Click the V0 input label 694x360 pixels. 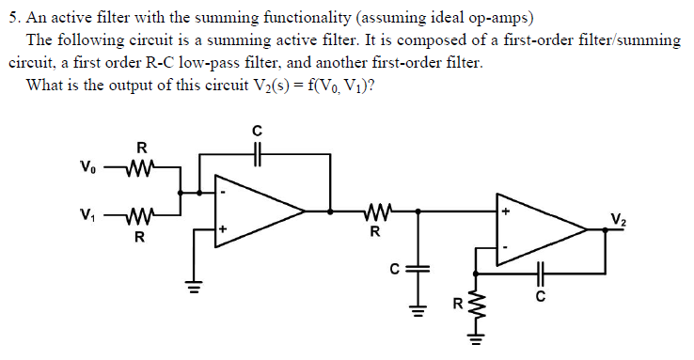click(x=87, y=168)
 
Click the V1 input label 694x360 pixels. click(x=87, y=211)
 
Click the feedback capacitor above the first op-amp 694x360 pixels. click(x=256, y=152)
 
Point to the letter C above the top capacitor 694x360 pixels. click(x=256, y=129)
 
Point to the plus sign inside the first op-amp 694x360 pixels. click(x=224, y=228)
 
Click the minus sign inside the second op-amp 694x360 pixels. click(x=506, y=247)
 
